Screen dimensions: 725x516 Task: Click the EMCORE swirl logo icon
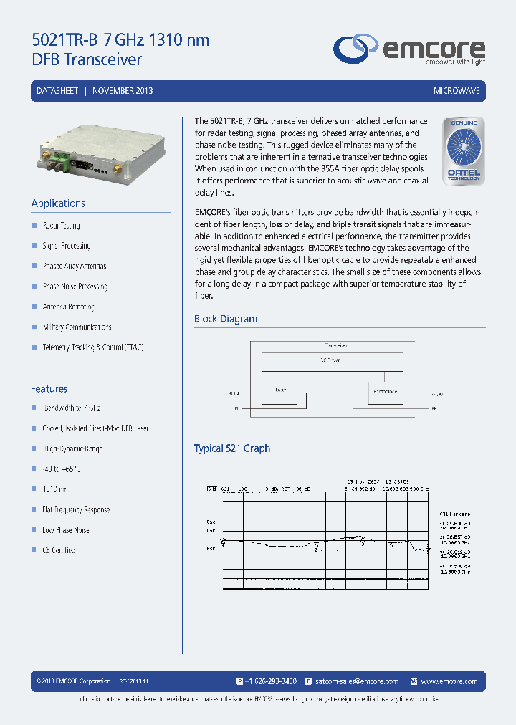[357, 48]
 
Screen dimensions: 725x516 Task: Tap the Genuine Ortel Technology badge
[463, 151]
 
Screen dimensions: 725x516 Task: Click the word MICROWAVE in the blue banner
[457, 91]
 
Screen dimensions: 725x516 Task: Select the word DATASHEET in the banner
[57, 91]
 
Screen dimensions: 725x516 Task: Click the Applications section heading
[58, 203]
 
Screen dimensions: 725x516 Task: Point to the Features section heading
[49, 388]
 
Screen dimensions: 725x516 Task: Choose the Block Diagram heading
[225, 319]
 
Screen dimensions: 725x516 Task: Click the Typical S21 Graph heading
[232, 448]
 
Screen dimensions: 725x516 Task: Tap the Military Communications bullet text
[77, 327]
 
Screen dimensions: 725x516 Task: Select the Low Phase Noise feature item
[66, 530]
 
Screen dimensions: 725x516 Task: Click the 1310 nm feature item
[55, 489]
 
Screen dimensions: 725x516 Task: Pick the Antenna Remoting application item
[68, 307]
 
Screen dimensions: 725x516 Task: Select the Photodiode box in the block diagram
[385, 393]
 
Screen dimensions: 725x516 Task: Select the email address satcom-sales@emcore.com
[356, 681]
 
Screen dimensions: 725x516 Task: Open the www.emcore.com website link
[449, 681]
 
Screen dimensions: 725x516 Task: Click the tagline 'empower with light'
[455, 62]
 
